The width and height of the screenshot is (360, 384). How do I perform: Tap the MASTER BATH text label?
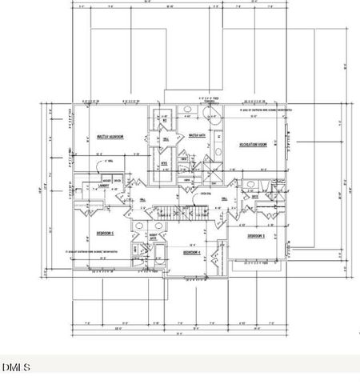(197, 137)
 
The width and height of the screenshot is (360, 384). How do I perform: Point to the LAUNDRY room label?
(104, 186)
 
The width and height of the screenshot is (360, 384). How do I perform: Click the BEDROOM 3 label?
(256, 237)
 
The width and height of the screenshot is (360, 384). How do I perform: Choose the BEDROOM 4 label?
(192, 253)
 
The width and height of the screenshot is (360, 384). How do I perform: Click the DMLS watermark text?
(16, 367)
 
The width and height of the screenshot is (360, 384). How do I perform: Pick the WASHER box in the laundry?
(106, 180)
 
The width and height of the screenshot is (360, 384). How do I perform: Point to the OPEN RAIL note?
(206, 193)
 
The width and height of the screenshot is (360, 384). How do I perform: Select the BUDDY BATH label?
(152, 238)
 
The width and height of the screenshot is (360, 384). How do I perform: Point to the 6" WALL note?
(109, 161)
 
